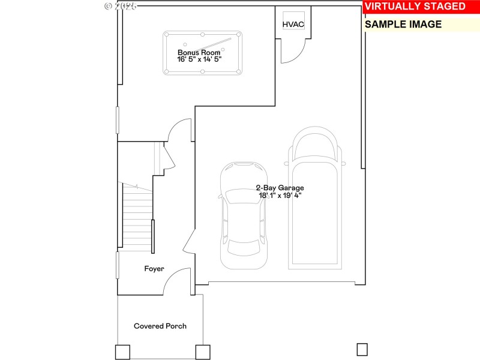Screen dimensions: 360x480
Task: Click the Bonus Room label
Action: (x=199, y=52)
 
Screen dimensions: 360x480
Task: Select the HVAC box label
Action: (x=293, y=24)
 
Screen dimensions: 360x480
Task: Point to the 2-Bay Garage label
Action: (x=280, y=188)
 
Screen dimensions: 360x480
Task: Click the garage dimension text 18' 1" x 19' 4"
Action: (x=280, y=196)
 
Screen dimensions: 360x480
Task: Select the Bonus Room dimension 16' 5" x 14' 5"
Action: (x=199, y=59)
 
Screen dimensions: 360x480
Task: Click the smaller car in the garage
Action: (x=243, y=216)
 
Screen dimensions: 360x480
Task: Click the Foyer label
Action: (x=154, y=269)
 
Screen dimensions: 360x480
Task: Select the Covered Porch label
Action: (x=160, y=326)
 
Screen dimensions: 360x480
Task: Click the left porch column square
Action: (x=122, y=352)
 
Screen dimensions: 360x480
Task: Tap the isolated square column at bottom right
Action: (x=362, y=349)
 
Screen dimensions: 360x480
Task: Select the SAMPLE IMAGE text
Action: (x=403, y=25)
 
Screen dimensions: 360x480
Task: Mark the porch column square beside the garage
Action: (x=203, y=352)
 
